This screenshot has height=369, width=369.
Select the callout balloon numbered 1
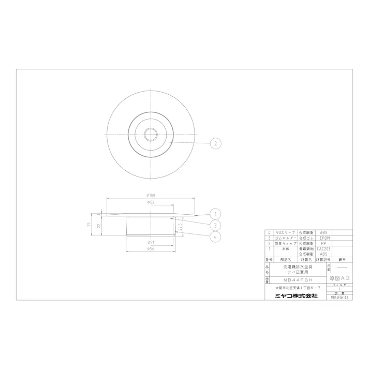click(216, 213)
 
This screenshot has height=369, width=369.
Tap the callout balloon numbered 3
click(216, 225)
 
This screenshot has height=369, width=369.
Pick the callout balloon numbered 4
click(216, 237)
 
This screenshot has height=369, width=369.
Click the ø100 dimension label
click(151, 195)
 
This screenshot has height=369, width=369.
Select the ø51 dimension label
click(151, 241)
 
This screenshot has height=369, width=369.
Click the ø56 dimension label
click(151, 248)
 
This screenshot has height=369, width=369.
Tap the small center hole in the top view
click(152, 134)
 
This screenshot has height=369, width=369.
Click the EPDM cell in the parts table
click(324, 238)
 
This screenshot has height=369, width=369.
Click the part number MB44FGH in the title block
click(293, 278)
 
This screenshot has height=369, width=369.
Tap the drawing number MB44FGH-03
click(339, 298)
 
